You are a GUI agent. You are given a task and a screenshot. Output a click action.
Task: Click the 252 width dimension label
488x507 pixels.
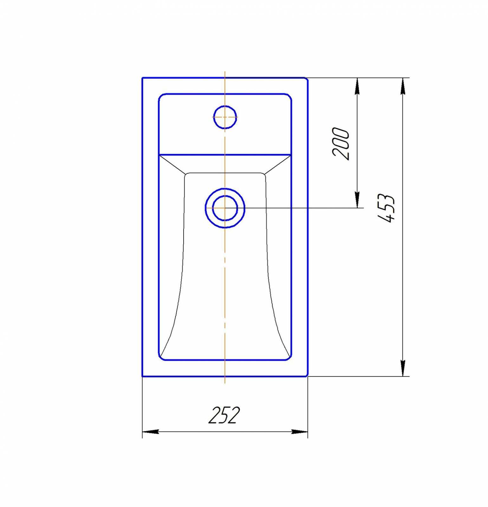click(224, 415)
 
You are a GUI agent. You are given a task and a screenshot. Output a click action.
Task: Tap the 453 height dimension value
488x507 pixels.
click(386, 208)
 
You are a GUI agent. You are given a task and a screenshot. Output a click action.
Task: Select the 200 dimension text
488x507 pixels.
click(341, 144)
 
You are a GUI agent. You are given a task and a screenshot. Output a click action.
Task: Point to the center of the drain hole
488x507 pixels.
click(225, 208)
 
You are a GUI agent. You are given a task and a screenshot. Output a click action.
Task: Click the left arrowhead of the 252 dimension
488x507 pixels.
click(150, 432)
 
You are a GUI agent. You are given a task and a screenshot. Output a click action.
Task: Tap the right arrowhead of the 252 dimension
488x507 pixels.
click(300, 432)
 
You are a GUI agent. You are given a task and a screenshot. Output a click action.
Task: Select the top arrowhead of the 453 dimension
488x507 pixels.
click(403, 86)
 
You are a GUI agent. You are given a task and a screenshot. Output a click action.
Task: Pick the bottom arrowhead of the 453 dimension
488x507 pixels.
click(403, 368)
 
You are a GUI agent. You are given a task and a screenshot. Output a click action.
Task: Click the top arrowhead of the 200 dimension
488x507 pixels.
click(357, 86)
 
